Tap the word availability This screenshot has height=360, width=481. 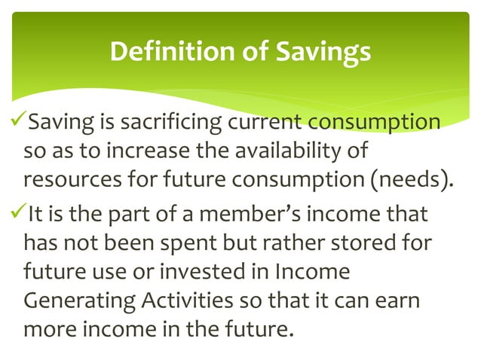point(286,153)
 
